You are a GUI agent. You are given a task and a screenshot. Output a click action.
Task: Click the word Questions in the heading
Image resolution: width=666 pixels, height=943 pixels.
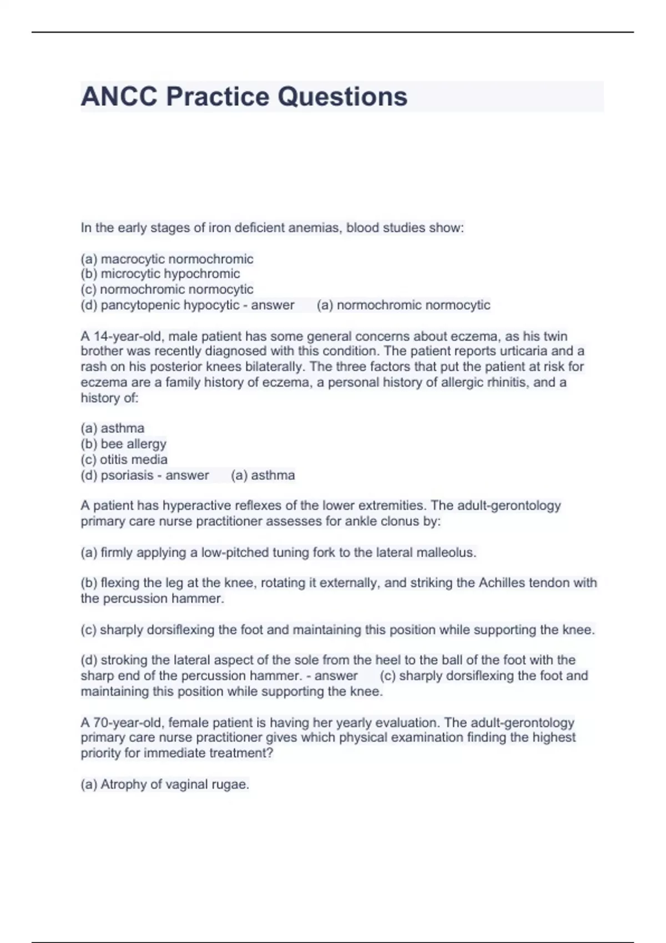pos(342,97)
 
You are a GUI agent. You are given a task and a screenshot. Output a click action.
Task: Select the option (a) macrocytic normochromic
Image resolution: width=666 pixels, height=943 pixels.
pos(167,259)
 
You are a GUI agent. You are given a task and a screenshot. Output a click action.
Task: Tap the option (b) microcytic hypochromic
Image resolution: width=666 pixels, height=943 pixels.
pos(160,274)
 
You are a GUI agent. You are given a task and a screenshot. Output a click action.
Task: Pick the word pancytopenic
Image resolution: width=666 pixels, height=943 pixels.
pos(140,305)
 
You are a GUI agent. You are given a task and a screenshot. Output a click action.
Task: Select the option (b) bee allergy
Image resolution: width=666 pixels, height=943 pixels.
pos(124,444)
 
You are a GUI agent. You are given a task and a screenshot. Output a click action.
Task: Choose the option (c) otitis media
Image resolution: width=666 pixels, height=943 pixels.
pos(124,459)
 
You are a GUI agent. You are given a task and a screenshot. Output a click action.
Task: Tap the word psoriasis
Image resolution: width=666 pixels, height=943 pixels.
pos(127,475)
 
